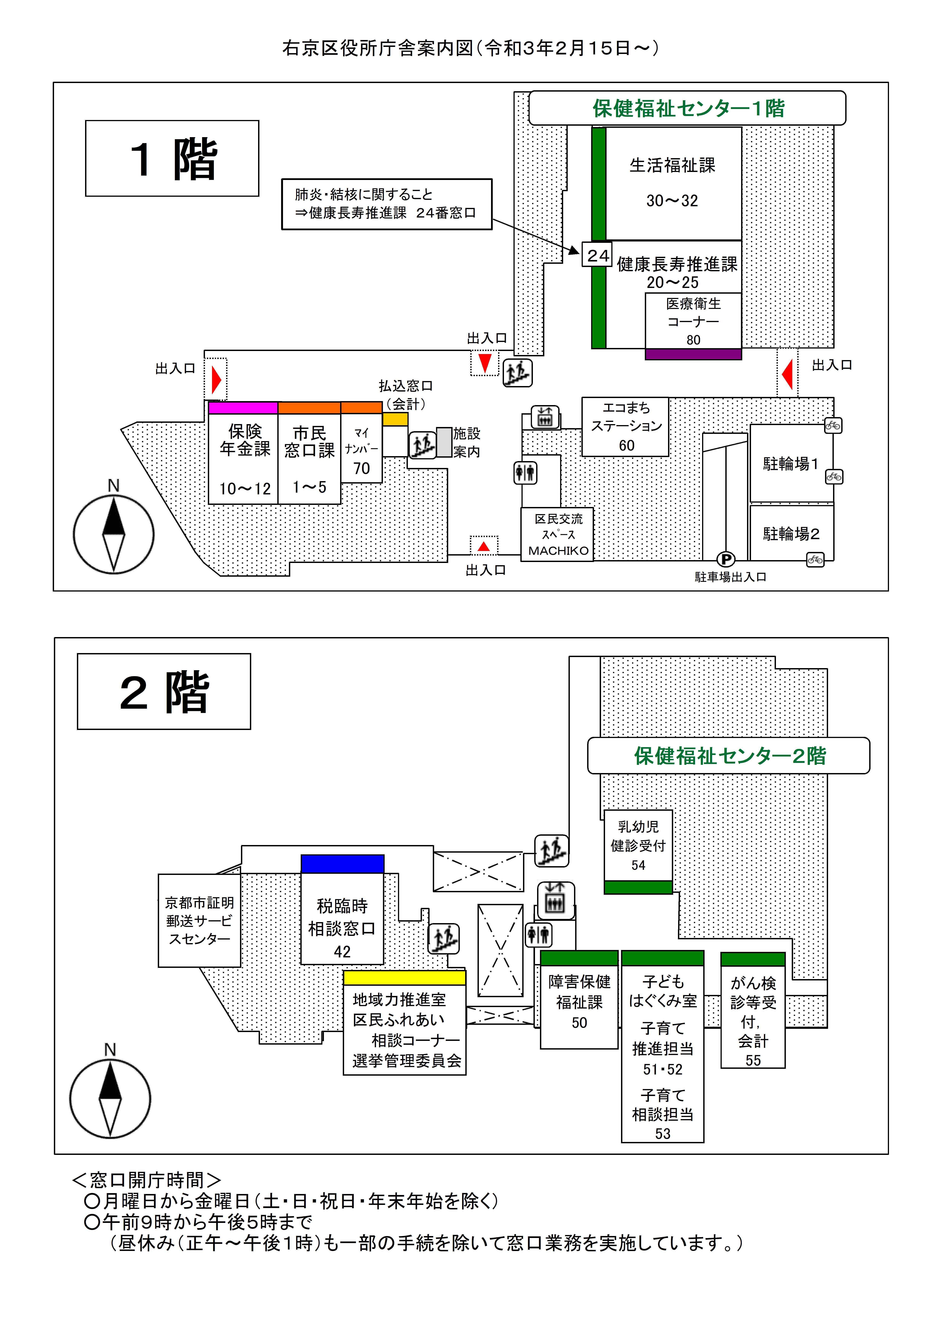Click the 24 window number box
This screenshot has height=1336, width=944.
[x=597, y=255]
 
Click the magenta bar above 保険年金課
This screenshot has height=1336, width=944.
[x=243, y=407]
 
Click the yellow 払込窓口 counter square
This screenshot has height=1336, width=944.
[x=395, y=419]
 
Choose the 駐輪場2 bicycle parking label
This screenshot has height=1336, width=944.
[x=791, y=534]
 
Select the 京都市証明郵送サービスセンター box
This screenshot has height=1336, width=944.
[x=199, y=921]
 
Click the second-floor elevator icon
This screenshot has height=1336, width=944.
[x=556, y=900]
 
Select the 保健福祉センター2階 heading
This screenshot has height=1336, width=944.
[x=729, y=756]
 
